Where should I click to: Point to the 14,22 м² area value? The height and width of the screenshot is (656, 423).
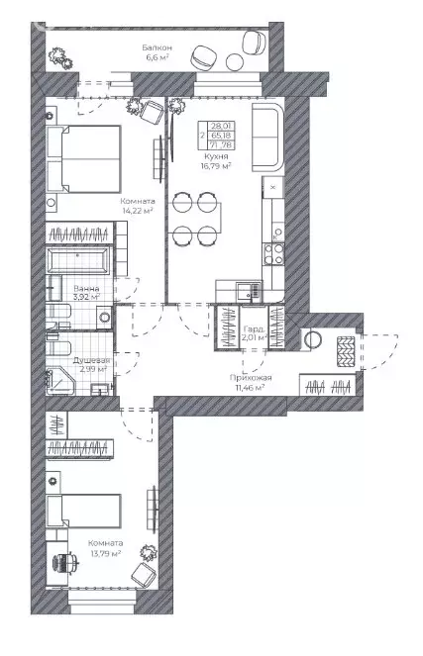tap(137, 211)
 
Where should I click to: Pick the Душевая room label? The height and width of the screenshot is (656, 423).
tap(91, 361)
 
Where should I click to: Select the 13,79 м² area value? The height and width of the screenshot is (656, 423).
tap(104, 554)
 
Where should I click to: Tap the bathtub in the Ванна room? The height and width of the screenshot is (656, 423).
tap(79, 262)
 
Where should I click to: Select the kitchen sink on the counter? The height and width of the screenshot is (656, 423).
tap(245, 290)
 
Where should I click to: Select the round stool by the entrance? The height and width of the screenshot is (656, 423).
tap(314, 339)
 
